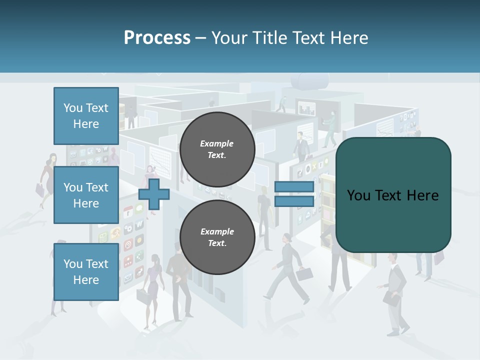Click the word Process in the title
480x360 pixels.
click(157, 38)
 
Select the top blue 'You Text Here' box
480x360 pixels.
click(86, 116)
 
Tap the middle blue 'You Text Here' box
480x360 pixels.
click(86, 195)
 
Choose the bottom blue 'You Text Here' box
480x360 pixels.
click(86, 271)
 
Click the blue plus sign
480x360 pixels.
click(153, 194)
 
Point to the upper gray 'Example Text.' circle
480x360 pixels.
click(217, 149)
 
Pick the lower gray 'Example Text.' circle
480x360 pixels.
click(217, 237)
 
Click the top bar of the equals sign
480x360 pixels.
click(294, 186)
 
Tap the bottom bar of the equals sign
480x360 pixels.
click(294, 201)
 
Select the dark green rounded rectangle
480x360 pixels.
click(393, 195)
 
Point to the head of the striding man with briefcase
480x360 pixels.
click(286, 237)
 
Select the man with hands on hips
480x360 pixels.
click(177, 280)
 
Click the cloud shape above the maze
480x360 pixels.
click(312, 80)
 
